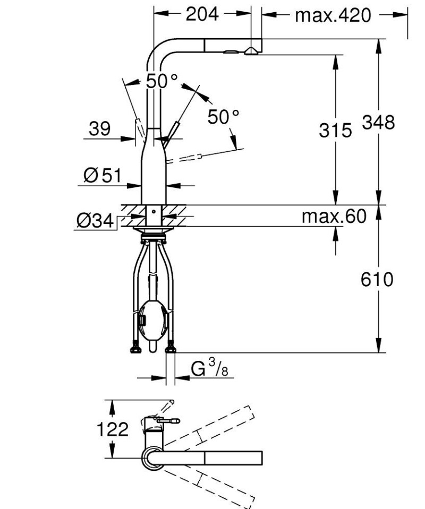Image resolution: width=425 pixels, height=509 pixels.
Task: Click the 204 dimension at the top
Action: point(202,14)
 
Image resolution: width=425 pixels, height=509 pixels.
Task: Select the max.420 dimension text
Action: point(333,15)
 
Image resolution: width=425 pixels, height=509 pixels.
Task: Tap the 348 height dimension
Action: point(378,123)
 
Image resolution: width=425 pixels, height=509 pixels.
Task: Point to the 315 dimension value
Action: point(335,130)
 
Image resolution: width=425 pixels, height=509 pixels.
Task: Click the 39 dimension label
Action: point(99,128)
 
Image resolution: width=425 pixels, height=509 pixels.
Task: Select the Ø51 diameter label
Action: point(103,175)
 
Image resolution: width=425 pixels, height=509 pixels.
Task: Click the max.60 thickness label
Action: point(334,216)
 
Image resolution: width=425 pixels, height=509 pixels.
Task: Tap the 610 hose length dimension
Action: point(377,279)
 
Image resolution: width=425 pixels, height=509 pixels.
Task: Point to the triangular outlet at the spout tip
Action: point(251,51)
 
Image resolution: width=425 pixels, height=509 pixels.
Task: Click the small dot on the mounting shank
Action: point(153,211)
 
